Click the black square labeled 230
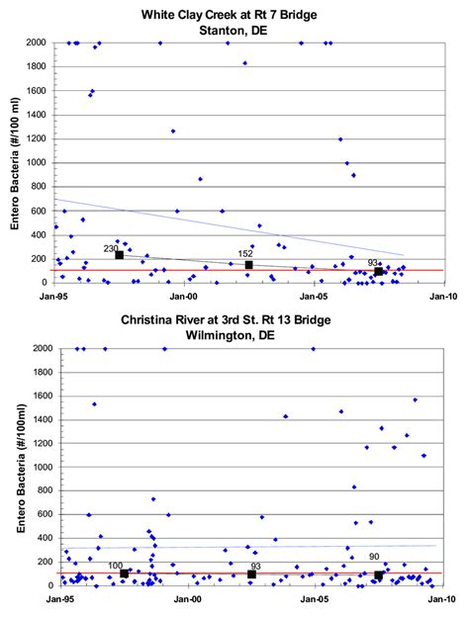(x=119, y=255)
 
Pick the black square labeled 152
(x=248, y=265)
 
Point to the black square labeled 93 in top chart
(x=378, y=272)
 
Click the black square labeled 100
(x=124, y=573)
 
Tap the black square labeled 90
(x=378, y=574)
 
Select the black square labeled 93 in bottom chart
(x=251, y=574)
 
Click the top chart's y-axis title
(x=17, y=163)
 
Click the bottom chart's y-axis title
(x=17, y=467)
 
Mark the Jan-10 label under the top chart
(x=444, y=295)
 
